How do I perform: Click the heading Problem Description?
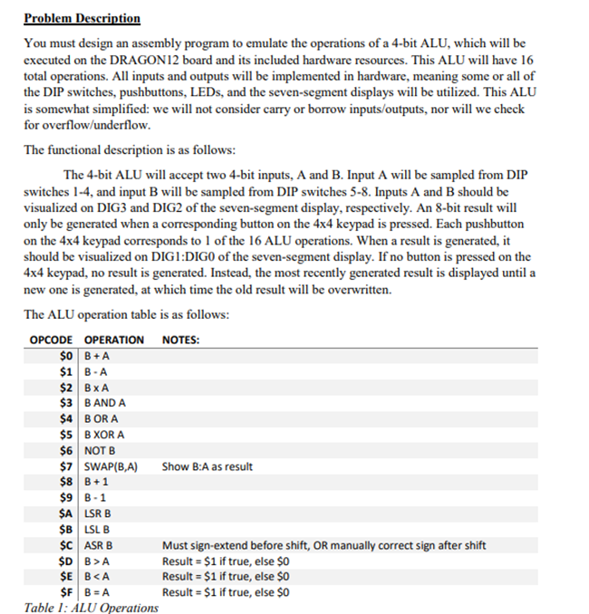click(82, 18)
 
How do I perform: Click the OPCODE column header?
click(50, 341)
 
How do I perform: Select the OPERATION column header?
click(113, 341)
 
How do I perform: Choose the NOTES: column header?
click(181, 341)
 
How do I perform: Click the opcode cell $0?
click(65, 356)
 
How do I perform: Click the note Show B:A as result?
click(207, 466)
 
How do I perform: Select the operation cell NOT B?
click(100, 451)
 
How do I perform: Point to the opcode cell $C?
click(65, 545)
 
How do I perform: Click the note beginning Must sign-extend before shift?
click(323, 545)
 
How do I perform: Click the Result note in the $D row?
click(225, 561)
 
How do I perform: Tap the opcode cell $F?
click(65, 593)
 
